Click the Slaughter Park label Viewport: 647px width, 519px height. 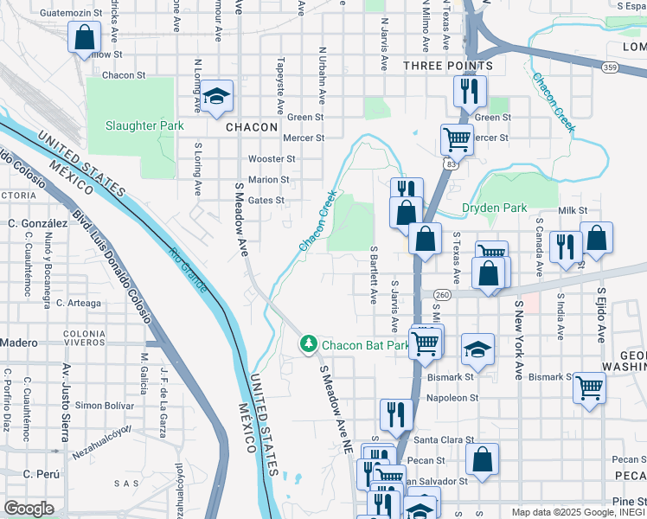pos(144,125)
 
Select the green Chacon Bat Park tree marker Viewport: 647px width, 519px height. pos(308,345)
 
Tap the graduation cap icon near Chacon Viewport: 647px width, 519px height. pos(218,97)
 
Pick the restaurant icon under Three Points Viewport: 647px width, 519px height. pos(470,90)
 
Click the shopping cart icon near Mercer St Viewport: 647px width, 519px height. pos(456,138)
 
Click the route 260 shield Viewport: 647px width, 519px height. pos(443,295)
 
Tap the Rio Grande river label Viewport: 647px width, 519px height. pos(188,270)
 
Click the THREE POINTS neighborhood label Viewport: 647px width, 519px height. pos(448,66)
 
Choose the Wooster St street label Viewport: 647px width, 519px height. pos(272,159)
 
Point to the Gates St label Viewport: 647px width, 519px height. pos(266,200)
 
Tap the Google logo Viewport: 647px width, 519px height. pos(29,509)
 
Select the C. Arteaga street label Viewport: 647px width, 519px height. pos(78,303)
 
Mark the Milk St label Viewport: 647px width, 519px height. pos(573,210)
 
